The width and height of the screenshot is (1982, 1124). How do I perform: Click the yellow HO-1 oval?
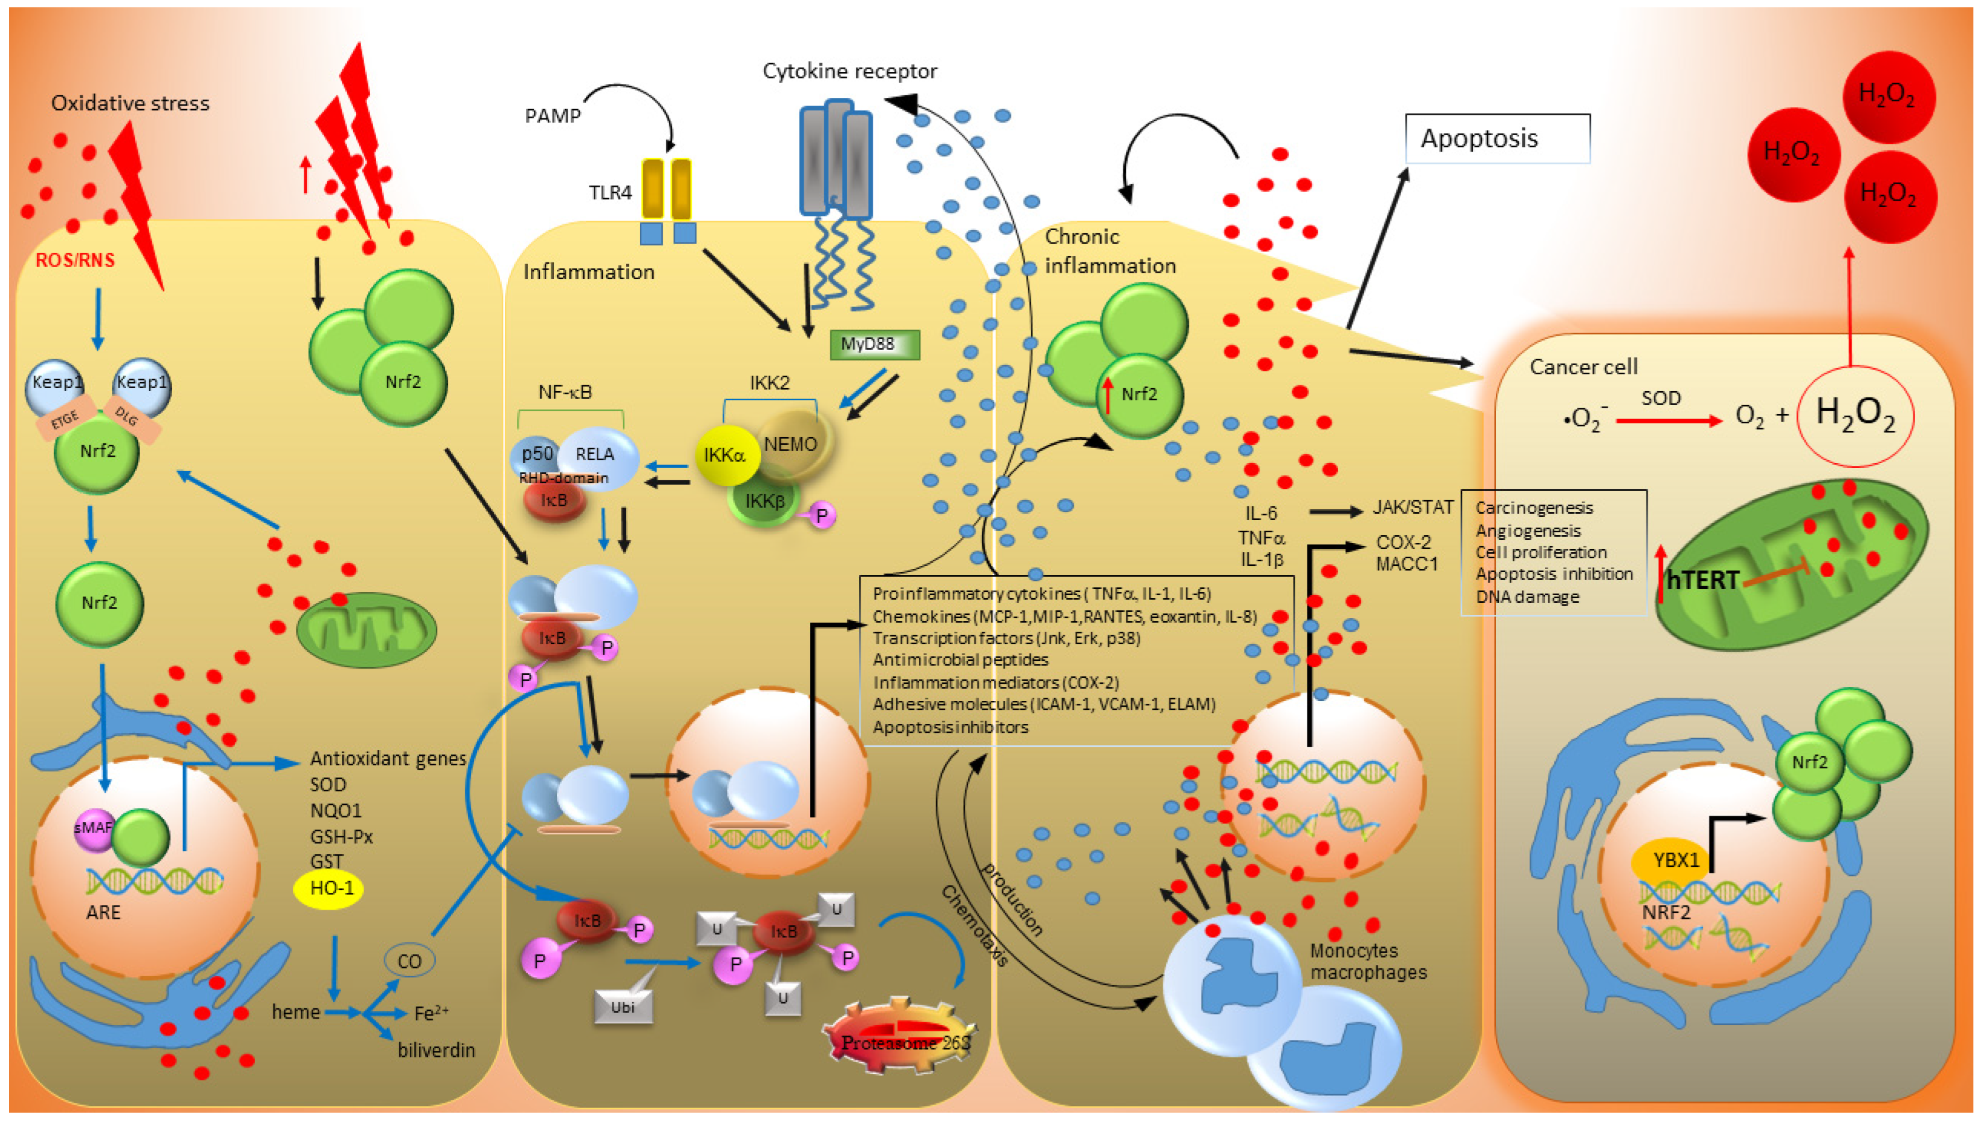point(329,888)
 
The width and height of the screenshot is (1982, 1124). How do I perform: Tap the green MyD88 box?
point(874,344)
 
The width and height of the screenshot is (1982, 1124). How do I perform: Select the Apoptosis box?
point(1497,139)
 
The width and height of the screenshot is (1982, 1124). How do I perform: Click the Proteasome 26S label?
point(904,1043)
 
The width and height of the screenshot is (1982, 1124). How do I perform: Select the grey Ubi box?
point(622,1006)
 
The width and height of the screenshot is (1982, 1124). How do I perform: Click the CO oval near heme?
point(409,961)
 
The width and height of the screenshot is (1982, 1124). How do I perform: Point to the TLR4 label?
point(610,192)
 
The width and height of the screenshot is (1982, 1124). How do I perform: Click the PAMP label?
point(553,116)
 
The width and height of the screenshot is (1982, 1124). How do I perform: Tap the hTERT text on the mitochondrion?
point(1702,580)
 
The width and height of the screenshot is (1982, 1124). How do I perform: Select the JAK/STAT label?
point(1412,507)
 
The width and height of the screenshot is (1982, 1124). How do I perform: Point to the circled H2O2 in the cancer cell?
point(1855,415)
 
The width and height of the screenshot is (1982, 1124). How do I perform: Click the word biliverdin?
point(436,1050)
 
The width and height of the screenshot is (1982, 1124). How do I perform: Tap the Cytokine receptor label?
point(850,71)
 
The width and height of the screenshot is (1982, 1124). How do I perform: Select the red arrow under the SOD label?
point(1669,421)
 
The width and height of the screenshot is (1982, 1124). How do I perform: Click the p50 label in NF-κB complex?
point(537,453)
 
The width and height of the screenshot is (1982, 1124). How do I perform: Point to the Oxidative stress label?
point(131,104)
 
